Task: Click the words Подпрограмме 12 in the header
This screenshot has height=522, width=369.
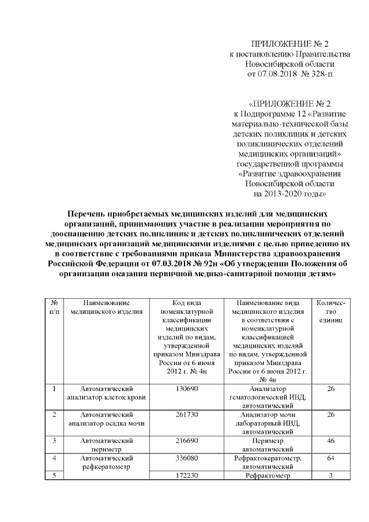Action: (281, 114)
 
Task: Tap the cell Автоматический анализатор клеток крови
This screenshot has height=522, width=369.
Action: (107, 393)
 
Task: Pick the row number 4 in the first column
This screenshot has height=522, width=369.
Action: (54, 458)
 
